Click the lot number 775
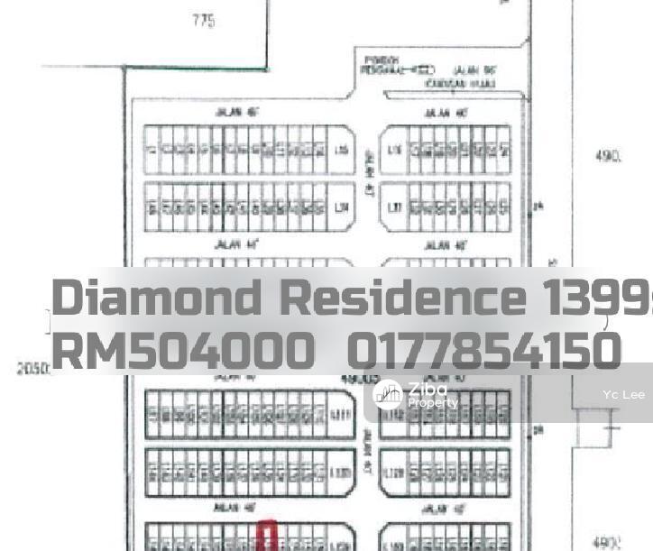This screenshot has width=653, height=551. pos(204,21)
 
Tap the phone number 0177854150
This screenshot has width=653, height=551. pos(483,351)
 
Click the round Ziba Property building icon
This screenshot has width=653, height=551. pos(388,395)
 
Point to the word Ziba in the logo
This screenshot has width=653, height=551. pos(428,389)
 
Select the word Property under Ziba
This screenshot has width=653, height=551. pos(433,403)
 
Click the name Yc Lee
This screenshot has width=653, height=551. pos(623,395)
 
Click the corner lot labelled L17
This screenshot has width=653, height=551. pos(393,207)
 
